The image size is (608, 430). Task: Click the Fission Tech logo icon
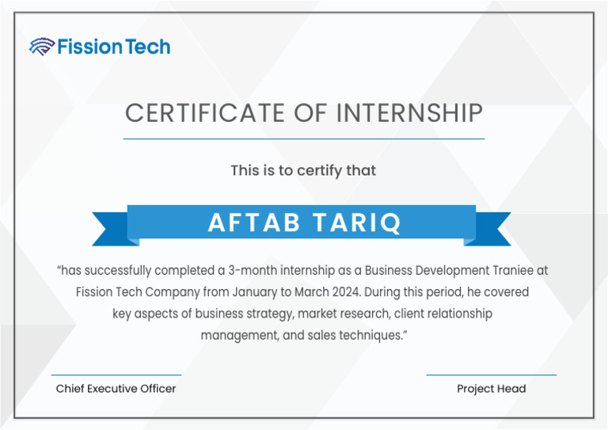(41, 47)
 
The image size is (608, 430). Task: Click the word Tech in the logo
(147, 47)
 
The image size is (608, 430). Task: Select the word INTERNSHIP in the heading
(409, 113)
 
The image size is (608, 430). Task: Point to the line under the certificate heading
(304, 139)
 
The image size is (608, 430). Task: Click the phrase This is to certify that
(303, 170)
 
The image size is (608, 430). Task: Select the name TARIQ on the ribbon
(356, 223)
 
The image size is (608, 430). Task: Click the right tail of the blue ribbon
(494, 228)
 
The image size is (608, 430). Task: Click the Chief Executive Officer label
(116, 389)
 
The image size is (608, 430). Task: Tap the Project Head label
(491, 389)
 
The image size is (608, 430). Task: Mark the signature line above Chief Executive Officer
(116, 375)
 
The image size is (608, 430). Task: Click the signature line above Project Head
(491, 375)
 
